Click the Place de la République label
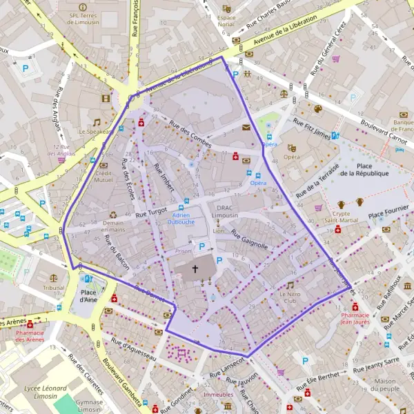coord(364,169)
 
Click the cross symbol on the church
coord(195,268)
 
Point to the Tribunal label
coord(53,288)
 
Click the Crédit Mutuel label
coord(103,176)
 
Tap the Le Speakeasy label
coord(95,131)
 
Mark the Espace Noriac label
coord(226,21)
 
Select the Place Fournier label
coord(388,216)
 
